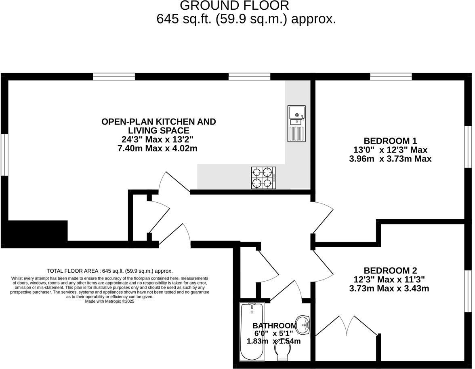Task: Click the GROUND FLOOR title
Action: pos(234,6)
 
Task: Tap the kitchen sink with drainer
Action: pos(296,123)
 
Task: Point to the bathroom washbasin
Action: pos(303,324)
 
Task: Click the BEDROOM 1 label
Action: pos(390,141)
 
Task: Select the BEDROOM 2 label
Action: pos(390,271)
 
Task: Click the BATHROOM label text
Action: pos(275,326)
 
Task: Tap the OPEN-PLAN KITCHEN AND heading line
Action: pos(158,122)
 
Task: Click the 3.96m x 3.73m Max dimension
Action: pos(390,159)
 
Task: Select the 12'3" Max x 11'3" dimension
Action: pos(390,280)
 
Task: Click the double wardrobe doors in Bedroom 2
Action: pos(347,326)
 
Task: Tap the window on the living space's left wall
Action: pos(4,155)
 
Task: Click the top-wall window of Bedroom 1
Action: pos(391,76)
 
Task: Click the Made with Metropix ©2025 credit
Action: pos(109,301)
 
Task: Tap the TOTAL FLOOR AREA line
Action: pos(109,271)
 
